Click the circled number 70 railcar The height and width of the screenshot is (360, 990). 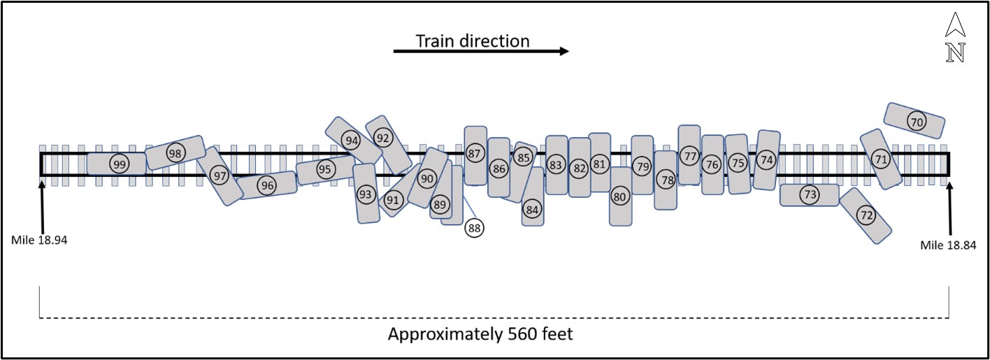click(x=916, y=121)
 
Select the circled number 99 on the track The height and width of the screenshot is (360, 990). click(x=119, y=164)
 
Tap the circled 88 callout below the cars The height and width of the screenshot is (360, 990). click(x=475, y=227)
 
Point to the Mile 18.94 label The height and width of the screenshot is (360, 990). click(x=39, y=240)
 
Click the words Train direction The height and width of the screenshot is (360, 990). click(x=473, y=41)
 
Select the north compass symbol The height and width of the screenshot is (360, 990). click(x=954, y=38)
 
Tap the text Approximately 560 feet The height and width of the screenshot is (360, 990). click(x=480, y=334)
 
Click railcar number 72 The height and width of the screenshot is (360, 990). click(x=866, y=215)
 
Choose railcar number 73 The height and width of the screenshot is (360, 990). click(x=810, y=194)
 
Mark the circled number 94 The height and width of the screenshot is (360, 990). click(x=352, y=141)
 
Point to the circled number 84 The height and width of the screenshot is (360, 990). click(x=533, y=209)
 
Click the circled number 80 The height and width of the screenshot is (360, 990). click(x=619, y=197)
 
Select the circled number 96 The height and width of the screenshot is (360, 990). click(x=266, y=185)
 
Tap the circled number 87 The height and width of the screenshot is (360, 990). click(x=475, y=153)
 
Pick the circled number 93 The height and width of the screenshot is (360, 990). click(x=366, y=194)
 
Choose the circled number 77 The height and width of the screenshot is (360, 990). click(x=689, y=156)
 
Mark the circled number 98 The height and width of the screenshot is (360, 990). click(x=175, y=153)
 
